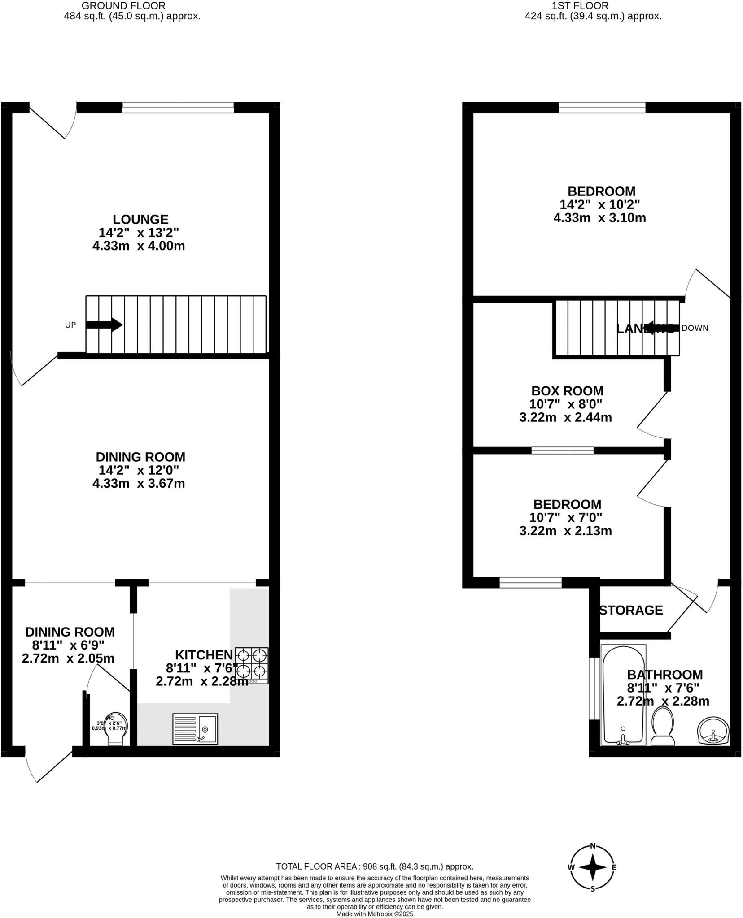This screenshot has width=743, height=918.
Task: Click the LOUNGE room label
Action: click(x=140, y=219)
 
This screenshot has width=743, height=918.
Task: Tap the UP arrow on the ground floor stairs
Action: click(x=104, y=325)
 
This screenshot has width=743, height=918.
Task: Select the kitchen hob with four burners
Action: click(x=251, y=665)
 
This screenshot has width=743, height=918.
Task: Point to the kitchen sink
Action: click(x=195, y=729)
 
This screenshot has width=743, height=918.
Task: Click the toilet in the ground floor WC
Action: click(x=116, y=729)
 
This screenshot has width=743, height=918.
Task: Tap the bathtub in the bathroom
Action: click(x=623, y=695)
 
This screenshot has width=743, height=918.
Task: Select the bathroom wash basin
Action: click(x=712, y=731)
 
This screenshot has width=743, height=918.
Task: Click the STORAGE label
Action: click(x=631, y=610)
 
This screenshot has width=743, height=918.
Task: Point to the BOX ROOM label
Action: click(x=567, y=390)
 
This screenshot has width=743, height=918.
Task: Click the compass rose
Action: click(x=592, y=867)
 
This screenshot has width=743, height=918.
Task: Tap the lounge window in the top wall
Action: click(x=178, y=108)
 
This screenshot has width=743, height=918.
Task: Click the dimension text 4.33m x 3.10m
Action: click(x=599, y=218)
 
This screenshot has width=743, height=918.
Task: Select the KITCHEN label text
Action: click(x=204, y=654)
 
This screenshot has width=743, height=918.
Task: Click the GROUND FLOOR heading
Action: click(x=123, y=6)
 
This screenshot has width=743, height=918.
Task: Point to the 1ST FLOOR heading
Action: click(x=580, y=6)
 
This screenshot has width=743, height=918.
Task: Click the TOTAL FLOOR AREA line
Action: click(x=375, y=867)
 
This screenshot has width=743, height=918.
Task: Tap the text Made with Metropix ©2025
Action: click(x=375, y=914)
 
